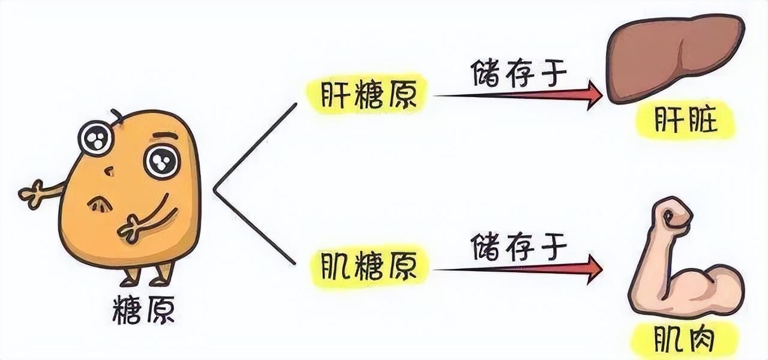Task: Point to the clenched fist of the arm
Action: tap(673, 217)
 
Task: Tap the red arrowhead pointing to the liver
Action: tap(594, 95)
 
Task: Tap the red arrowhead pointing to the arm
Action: tap(594, 268)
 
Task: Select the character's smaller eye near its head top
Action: tap(96, 137)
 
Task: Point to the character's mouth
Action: tap(100, 204)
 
